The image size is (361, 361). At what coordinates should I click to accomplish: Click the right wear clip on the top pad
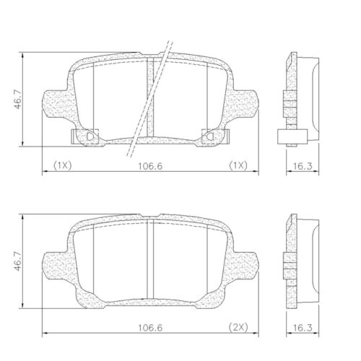210,135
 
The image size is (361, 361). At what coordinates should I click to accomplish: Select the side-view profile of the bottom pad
296,260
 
